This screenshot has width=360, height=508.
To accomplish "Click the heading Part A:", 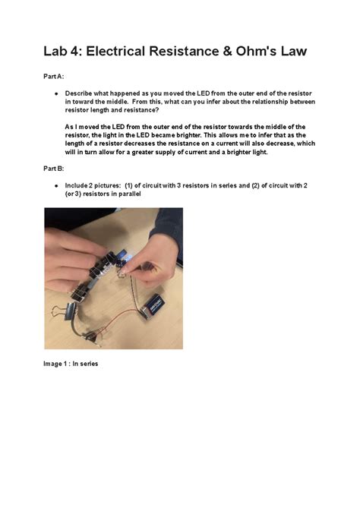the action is [x=53, y=76].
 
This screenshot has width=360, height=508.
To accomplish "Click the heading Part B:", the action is [x=53, y=168].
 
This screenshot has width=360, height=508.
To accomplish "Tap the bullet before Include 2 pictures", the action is [x=56, y=185].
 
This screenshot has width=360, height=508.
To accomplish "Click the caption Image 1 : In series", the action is [x=71, y=364].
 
